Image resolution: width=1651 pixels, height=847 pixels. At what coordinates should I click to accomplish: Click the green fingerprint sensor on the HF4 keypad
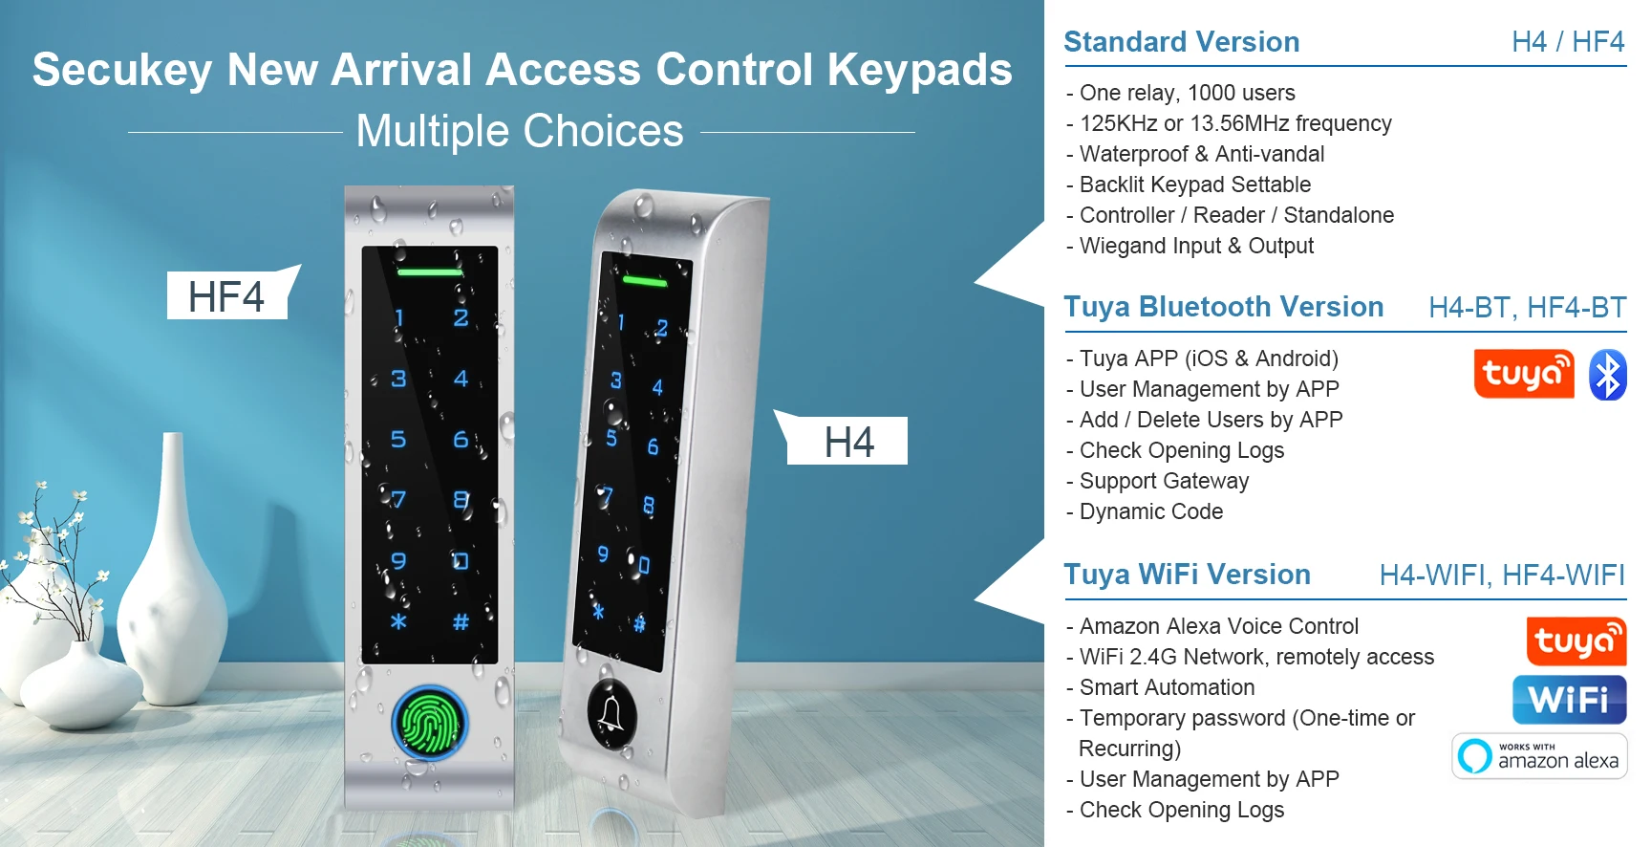click(x=430, y=723)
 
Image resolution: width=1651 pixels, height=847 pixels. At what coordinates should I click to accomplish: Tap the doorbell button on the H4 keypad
click(x=611, y=713)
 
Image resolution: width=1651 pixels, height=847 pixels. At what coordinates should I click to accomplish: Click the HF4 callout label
click(x=227, y=296)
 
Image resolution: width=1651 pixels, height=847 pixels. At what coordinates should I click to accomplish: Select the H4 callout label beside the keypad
click(x=847, y=442)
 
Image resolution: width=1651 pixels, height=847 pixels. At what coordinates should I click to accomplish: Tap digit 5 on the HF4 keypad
click(x=398, y=439)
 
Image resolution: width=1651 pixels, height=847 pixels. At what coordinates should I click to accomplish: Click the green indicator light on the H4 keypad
click(x=645, y=281)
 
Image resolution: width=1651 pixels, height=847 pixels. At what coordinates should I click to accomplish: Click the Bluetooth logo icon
click(x=1607, y=375)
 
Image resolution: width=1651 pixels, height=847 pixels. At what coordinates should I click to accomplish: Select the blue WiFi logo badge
click(x=1569, y=700)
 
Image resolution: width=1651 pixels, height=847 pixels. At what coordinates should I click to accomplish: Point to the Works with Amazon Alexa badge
click(x=1539, y=756)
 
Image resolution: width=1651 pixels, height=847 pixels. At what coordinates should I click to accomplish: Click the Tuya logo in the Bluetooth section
click(x=1523, y=374)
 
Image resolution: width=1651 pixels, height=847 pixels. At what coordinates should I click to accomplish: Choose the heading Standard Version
click(x=1181, y=42)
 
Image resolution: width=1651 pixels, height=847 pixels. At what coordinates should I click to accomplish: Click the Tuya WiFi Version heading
click(x=1187, y=575)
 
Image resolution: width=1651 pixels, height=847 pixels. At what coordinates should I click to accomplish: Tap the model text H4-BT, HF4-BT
click(x=1527, y=308)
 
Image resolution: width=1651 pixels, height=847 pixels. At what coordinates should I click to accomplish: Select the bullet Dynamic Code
click(x=1150, y=511)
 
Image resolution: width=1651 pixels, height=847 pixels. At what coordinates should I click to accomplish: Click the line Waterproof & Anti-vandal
click(x=1201, y=154)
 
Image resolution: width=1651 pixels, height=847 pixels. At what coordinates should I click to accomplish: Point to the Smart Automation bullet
click(x=1167, y=687)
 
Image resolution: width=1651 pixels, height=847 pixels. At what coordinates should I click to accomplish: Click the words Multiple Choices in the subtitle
click(x=520, y=131)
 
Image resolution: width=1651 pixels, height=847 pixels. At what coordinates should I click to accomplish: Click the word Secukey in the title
click(x=122, y=70)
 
